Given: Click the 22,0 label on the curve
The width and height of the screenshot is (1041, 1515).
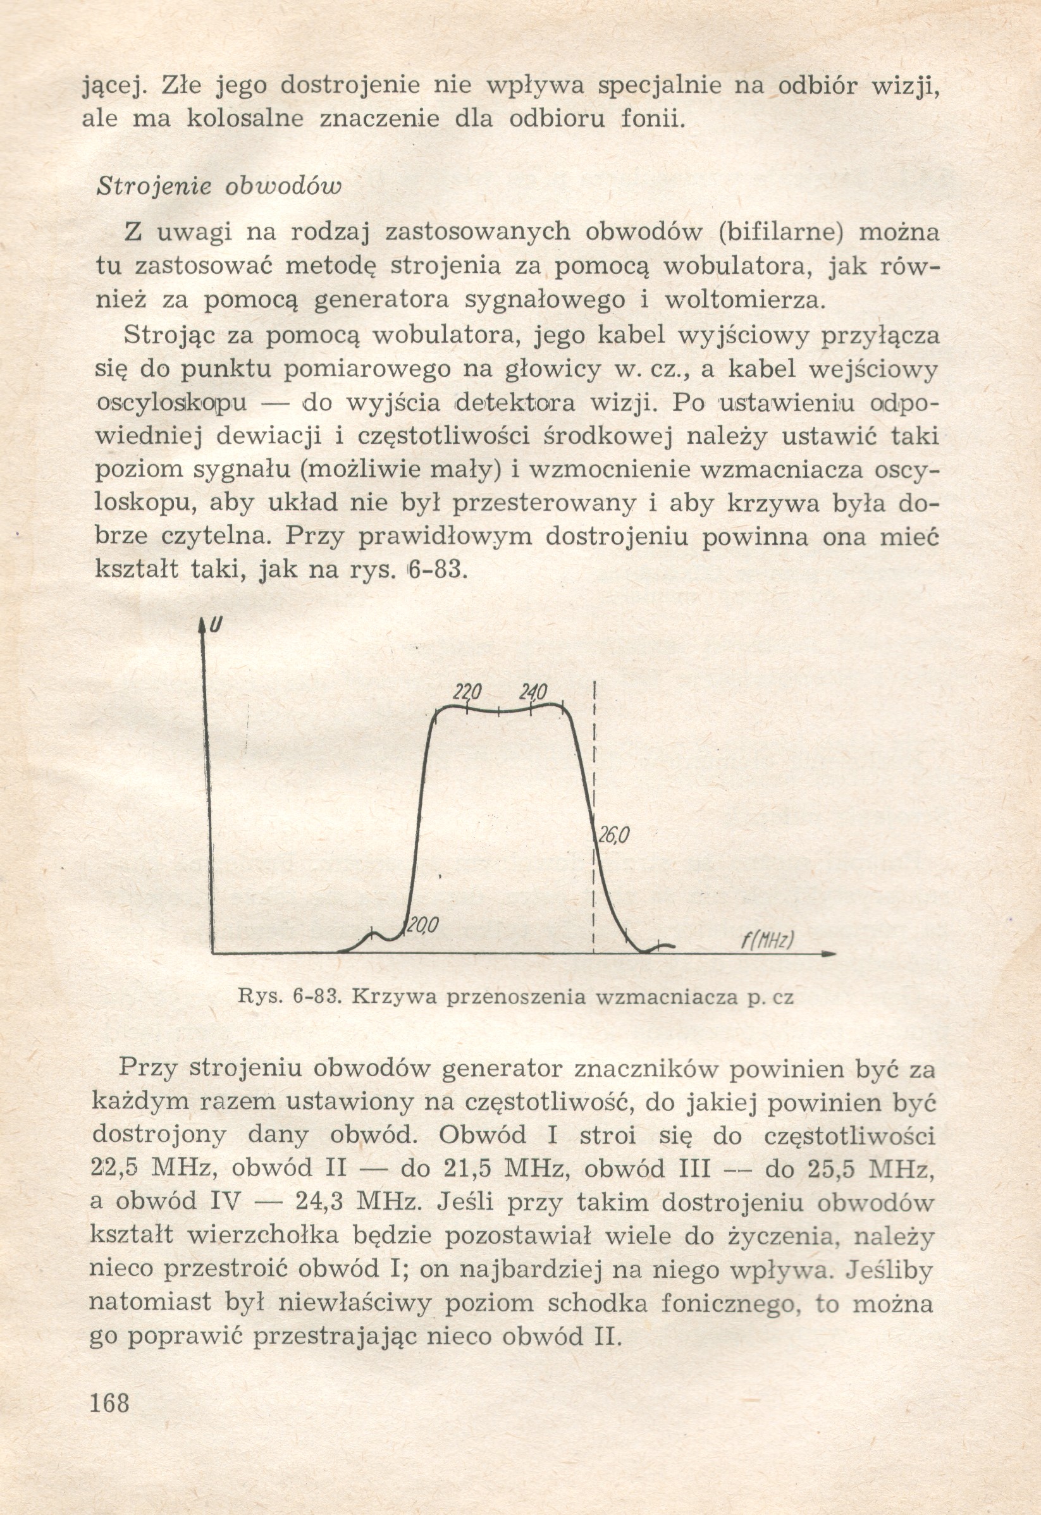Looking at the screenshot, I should [x=467, y=691].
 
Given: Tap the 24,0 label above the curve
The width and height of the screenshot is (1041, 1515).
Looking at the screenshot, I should [x=533, y=691].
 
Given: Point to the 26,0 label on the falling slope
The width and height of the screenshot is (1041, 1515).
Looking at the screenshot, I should [x=612, y=835].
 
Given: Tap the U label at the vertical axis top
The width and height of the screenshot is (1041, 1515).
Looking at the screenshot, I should [x=215, y=625].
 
